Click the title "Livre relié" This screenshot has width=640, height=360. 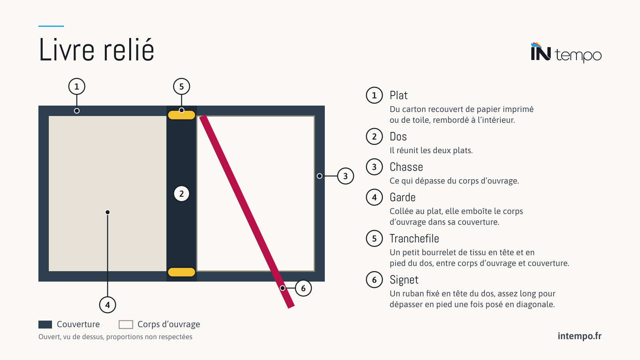[96, 50]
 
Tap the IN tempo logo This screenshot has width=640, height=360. [566, 52]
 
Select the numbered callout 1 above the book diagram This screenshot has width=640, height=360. [76, 86]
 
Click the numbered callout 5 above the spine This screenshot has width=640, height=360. [182, 86]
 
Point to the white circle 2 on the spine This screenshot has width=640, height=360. [182, 194]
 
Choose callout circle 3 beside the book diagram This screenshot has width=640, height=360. [346, 176]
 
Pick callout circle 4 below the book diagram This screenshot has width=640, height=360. [108, 305]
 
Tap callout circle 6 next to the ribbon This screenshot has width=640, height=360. [303, 288]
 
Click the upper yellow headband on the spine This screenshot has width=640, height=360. [182, 115]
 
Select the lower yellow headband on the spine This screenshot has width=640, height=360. [182, 272]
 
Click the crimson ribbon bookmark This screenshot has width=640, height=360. [247, 212]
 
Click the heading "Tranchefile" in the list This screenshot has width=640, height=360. [414, 238]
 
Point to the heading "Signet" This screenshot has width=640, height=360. [404, 280]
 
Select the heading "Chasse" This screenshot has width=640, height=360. [406, 167]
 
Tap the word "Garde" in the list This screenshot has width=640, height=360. [402, 198]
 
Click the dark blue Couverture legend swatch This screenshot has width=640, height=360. [45, 324]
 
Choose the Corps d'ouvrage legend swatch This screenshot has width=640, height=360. [126, 324]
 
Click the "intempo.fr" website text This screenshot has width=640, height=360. [580, 336]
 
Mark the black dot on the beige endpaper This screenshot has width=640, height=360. [108, 212]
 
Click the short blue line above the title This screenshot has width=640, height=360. [51, 26]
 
